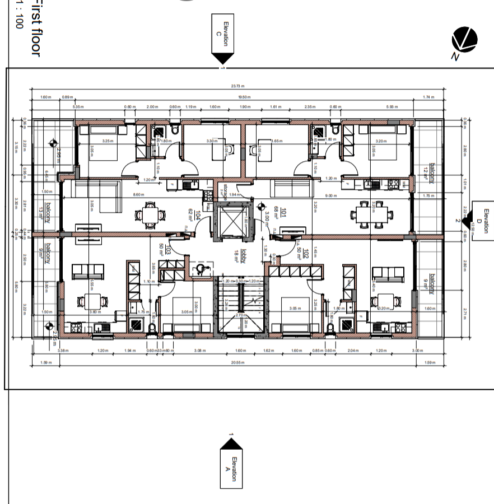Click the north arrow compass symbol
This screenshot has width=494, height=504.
tap(464, 40)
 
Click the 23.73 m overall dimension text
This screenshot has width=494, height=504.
tap(238, 86)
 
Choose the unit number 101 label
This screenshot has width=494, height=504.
tap(284, 212)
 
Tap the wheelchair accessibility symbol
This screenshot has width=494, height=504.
tap(199, 269)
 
